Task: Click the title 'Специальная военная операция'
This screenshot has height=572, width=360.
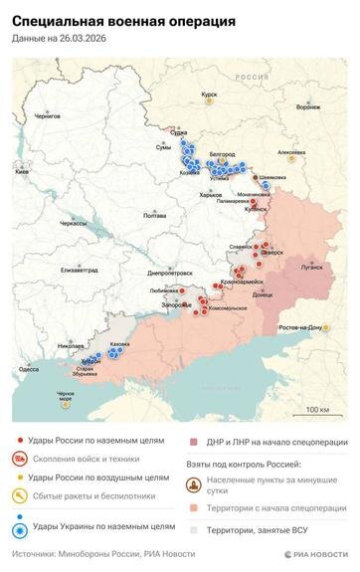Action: point(123,20)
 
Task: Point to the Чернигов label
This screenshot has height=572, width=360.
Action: point(48,115)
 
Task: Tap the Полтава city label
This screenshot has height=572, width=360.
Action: point(155,215)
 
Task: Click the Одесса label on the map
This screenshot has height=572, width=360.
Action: point(30,369)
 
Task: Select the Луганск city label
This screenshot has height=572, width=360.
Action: point(311,268)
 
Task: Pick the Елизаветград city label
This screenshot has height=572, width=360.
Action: point(79,270)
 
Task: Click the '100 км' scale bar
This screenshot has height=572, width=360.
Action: point(317,409)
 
